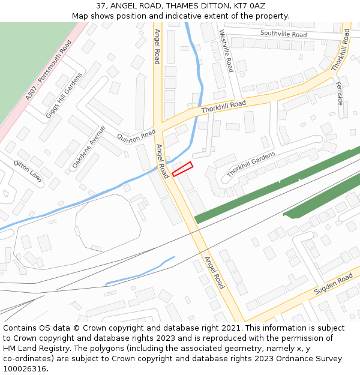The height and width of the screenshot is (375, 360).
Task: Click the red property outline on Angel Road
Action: pyautogui.click(x=182, y=169)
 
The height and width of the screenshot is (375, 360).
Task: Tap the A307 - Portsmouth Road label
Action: pyautogui.click(x=49, y=70)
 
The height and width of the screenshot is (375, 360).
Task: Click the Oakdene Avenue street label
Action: pyautogui.click(x=88, y=146)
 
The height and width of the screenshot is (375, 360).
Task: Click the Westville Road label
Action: pyautogui.click(x=226, y=51)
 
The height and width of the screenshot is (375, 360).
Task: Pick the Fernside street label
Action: pyautogui.click(x=340, y=93)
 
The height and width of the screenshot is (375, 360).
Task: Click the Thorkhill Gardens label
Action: pyautogui.click(x=251, y=164)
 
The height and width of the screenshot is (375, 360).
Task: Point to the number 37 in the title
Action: pyautogui.click(x=101, y=5)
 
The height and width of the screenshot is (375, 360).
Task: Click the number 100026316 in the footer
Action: pyautogui.click(x=25, y=368)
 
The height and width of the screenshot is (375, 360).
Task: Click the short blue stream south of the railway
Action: pyautogui.click(x=139, y=271)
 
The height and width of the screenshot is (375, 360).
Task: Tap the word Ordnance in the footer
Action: pyautogui.click(x=296, y=358)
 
